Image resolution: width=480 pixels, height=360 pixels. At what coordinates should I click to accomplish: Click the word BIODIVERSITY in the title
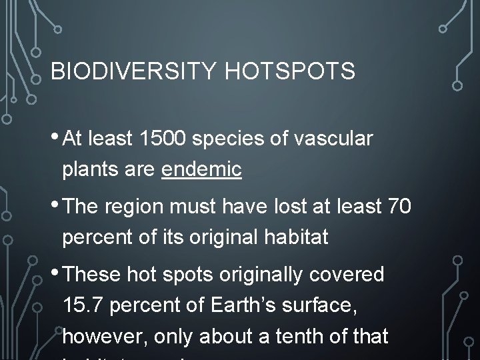(x=131, y=70)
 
